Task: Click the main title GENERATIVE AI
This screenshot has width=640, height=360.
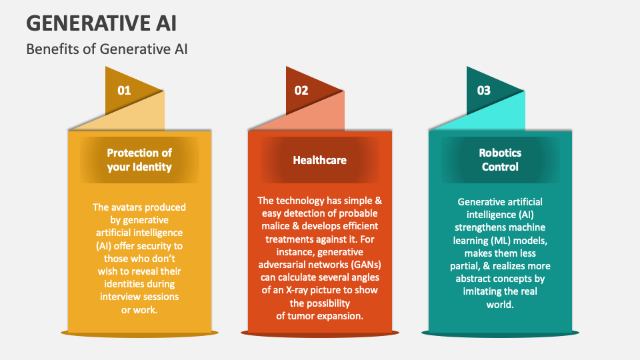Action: (x=101, y=23)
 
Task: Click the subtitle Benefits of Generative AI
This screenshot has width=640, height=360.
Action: (x=107, y=49)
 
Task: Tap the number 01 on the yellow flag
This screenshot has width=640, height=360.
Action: (x=124, y=90)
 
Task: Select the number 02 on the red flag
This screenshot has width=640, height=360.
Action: (x=301, y=90)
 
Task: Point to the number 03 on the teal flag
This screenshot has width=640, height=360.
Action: (x=484, y=90)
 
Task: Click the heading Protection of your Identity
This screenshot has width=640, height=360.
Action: (x=139, y=159)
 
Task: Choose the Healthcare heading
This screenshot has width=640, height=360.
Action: (x=319, y=160)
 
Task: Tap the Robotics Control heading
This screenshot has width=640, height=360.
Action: (x=500, y=159)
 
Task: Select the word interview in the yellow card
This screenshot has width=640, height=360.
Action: (x=119, y=297)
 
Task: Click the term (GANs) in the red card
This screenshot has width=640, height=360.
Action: (x=366, y=265)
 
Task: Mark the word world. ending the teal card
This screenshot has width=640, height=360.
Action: (x=500, y=305)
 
